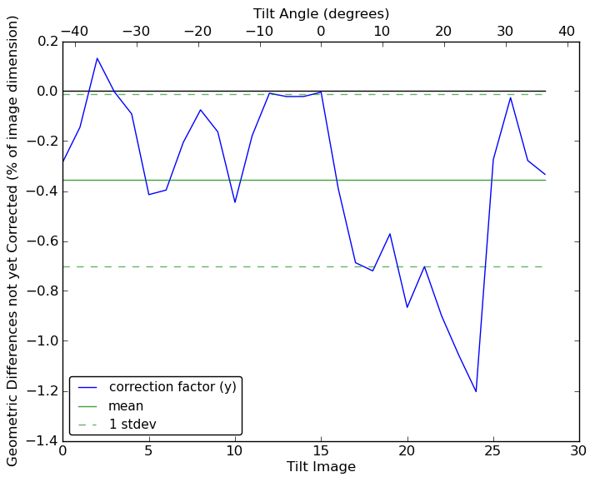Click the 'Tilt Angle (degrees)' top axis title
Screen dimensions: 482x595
point(321,13)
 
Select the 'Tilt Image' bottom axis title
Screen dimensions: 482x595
point(321,467)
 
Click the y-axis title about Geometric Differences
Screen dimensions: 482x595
point(13,241)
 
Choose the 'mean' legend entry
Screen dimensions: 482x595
point(126,406)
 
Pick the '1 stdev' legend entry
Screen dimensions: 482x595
point(132,425)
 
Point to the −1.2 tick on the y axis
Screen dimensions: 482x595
point(42,391)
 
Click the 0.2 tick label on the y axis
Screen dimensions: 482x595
point(47,42)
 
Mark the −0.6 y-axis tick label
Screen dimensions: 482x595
point(42,241)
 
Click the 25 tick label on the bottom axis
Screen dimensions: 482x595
point(493,451)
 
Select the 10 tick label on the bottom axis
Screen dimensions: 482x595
point(235,451)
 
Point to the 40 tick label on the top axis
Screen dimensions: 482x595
point(567,32)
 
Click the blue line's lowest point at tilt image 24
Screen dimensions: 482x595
point(476,391)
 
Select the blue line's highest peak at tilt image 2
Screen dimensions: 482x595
point(97,58)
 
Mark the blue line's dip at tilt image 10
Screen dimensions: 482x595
point(235,202)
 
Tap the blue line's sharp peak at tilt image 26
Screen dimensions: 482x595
point(510,97)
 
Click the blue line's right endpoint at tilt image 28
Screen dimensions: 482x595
point(545,174)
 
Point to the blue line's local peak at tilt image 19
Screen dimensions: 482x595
point(390,234)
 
